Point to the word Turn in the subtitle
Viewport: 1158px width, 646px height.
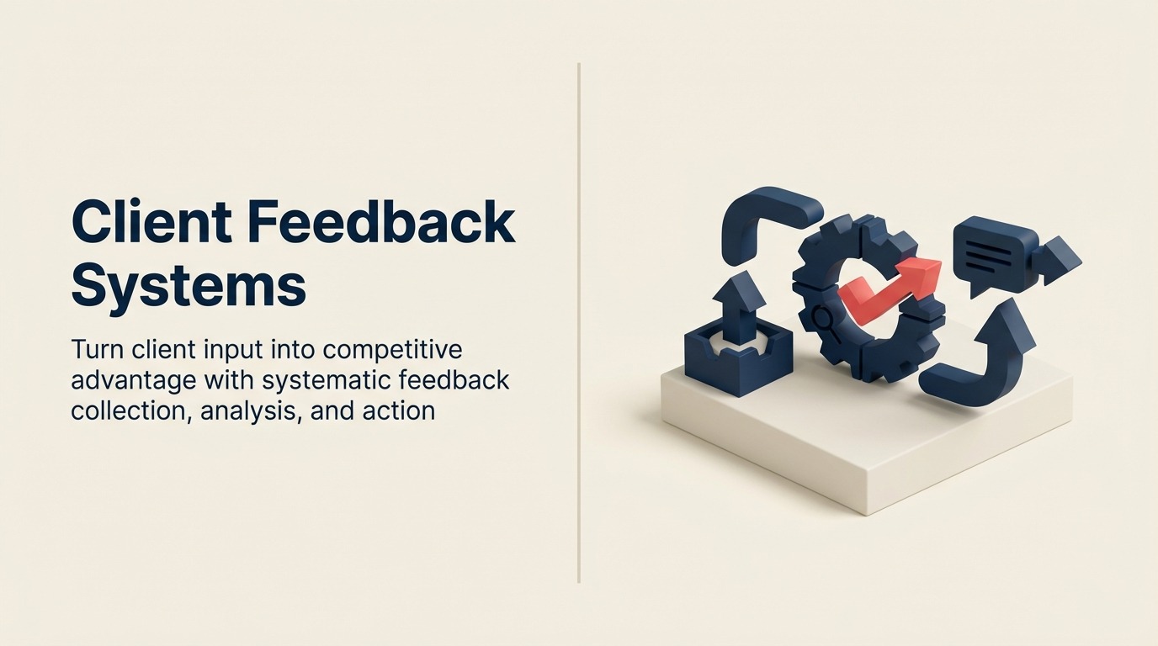tap(95, 349)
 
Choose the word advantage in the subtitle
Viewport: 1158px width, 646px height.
tap(134, 380)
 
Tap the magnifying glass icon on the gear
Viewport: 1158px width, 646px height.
tap(822, 318)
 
